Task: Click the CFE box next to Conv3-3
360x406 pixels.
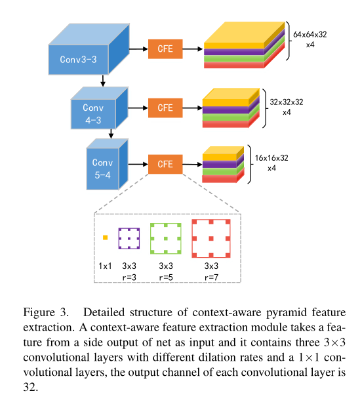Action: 165,49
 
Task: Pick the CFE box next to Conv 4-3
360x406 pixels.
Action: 165,107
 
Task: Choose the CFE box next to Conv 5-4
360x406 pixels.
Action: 165,164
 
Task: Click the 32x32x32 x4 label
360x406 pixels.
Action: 287,107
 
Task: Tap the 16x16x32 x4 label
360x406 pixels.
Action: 271,163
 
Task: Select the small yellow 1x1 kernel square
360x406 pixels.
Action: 105,239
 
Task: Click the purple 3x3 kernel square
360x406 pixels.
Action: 129,238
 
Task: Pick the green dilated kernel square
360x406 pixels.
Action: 165,239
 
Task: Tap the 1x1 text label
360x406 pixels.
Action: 105,267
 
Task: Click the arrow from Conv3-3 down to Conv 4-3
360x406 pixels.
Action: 102,82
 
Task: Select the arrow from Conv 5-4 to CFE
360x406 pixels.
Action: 138,164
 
